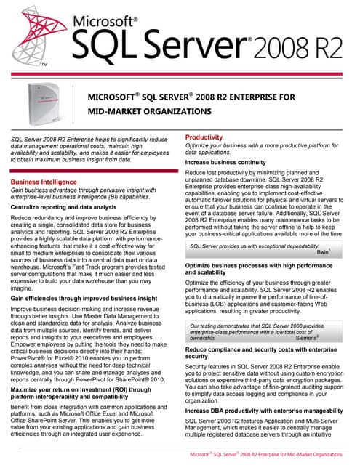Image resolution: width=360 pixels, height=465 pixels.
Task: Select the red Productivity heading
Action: [204, 137]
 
